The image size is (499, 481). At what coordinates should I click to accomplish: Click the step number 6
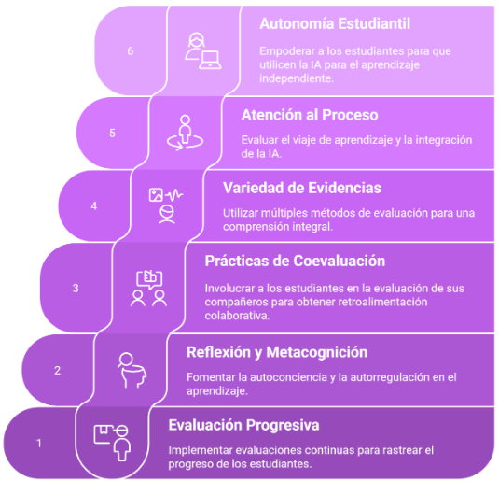click(131, 51)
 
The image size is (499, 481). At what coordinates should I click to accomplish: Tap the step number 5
click(112, 133)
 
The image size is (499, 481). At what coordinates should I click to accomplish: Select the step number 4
click(94, 205)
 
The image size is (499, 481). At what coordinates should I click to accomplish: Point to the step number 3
click(76, 289)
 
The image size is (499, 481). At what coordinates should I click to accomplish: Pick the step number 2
click(57, 371)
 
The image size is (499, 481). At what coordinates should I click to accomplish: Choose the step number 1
click(39, 444)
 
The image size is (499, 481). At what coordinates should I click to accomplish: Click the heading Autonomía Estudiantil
click(335, 24)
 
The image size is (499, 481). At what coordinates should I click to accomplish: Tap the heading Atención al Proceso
click(310, 115)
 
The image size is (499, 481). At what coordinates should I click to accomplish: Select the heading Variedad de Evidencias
click(302, 188)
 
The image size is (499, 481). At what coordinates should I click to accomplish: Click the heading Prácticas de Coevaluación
click(295, 262)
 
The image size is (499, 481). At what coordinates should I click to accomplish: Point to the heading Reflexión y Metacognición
click(277, 352)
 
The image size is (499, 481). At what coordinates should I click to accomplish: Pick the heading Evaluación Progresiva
click(243, 425)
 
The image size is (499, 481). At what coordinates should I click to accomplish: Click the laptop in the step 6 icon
click(210, 60)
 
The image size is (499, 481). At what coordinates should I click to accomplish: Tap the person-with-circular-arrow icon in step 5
click(185, 133)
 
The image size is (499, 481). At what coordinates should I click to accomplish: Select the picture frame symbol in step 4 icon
click(156, 195)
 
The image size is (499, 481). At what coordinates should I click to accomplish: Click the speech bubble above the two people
click(149, 279)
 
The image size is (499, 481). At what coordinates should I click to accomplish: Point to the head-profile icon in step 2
click(132, 371)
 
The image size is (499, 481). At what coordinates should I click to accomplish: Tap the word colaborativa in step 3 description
click(237, 316)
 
